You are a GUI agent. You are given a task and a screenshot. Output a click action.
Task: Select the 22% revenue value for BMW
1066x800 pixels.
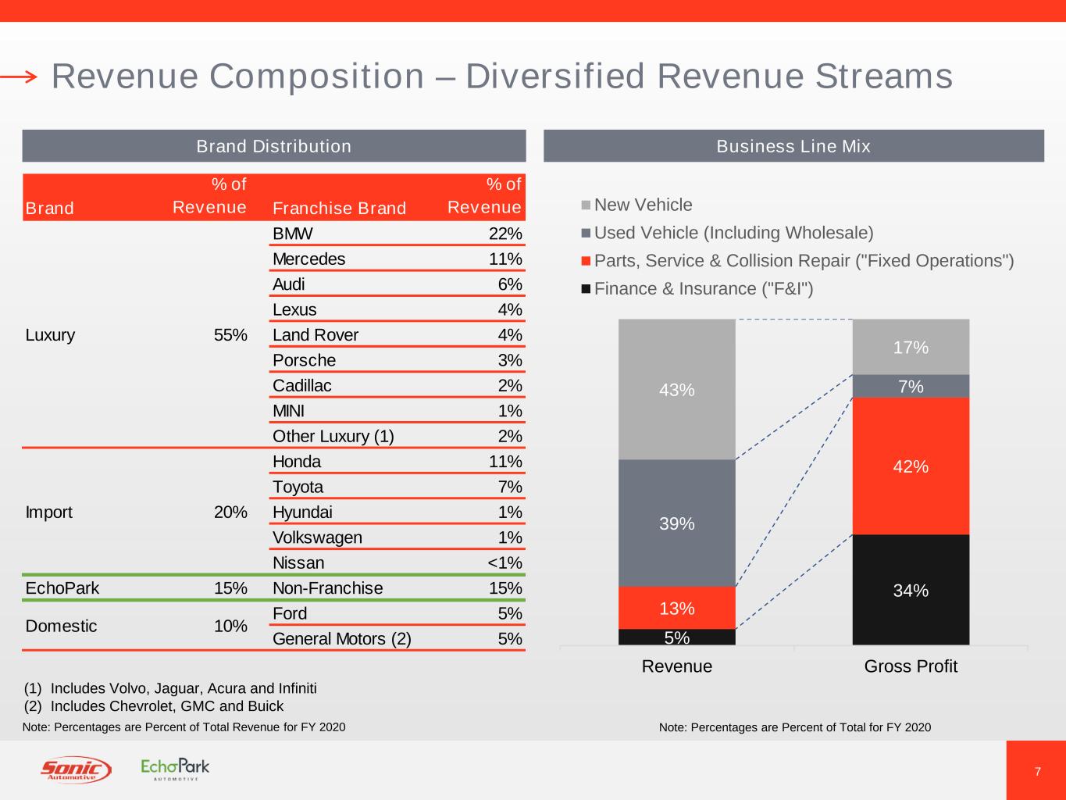(x=505, y=234)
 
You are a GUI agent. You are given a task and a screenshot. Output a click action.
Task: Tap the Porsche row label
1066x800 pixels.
(x=304, y=360)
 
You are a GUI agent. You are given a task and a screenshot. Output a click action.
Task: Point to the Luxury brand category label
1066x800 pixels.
(x=50, y=335)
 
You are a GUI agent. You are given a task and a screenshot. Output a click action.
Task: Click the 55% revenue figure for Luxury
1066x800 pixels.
(x=230, y=335)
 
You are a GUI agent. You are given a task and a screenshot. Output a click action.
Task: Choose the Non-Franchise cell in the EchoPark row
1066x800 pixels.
(x=327, y=588)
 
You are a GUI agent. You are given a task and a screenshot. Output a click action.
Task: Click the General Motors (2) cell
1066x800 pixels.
(x=341, y=639)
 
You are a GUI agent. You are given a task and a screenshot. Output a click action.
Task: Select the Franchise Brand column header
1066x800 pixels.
(x=339, y=208)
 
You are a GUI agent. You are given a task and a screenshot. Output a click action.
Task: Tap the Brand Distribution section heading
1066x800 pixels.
(x=273, y=146)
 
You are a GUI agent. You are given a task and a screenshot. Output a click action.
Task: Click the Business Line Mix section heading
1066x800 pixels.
(x=793, y=146)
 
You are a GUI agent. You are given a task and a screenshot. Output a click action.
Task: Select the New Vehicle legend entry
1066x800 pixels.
(x=642, y=205)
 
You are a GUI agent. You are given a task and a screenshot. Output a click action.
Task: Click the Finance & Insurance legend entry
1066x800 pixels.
(x=703, y=289)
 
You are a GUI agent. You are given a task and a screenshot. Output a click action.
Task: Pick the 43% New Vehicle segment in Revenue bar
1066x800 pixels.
(x=676, y=389)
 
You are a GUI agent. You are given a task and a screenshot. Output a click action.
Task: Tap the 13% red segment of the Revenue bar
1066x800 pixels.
(x=676, y=608)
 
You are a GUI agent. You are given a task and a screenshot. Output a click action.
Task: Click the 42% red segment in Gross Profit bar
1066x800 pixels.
(x=911, y=466)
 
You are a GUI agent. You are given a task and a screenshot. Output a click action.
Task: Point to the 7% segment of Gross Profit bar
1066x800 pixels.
(x=911, y=386)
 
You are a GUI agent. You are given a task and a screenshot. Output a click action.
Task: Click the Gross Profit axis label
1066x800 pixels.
(x=911, y=666)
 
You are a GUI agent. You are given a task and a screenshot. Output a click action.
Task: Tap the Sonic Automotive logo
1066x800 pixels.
(x=76, y=770)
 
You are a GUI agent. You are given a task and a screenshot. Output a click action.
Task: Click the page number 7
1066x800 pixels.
(x=1037, y=772)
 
